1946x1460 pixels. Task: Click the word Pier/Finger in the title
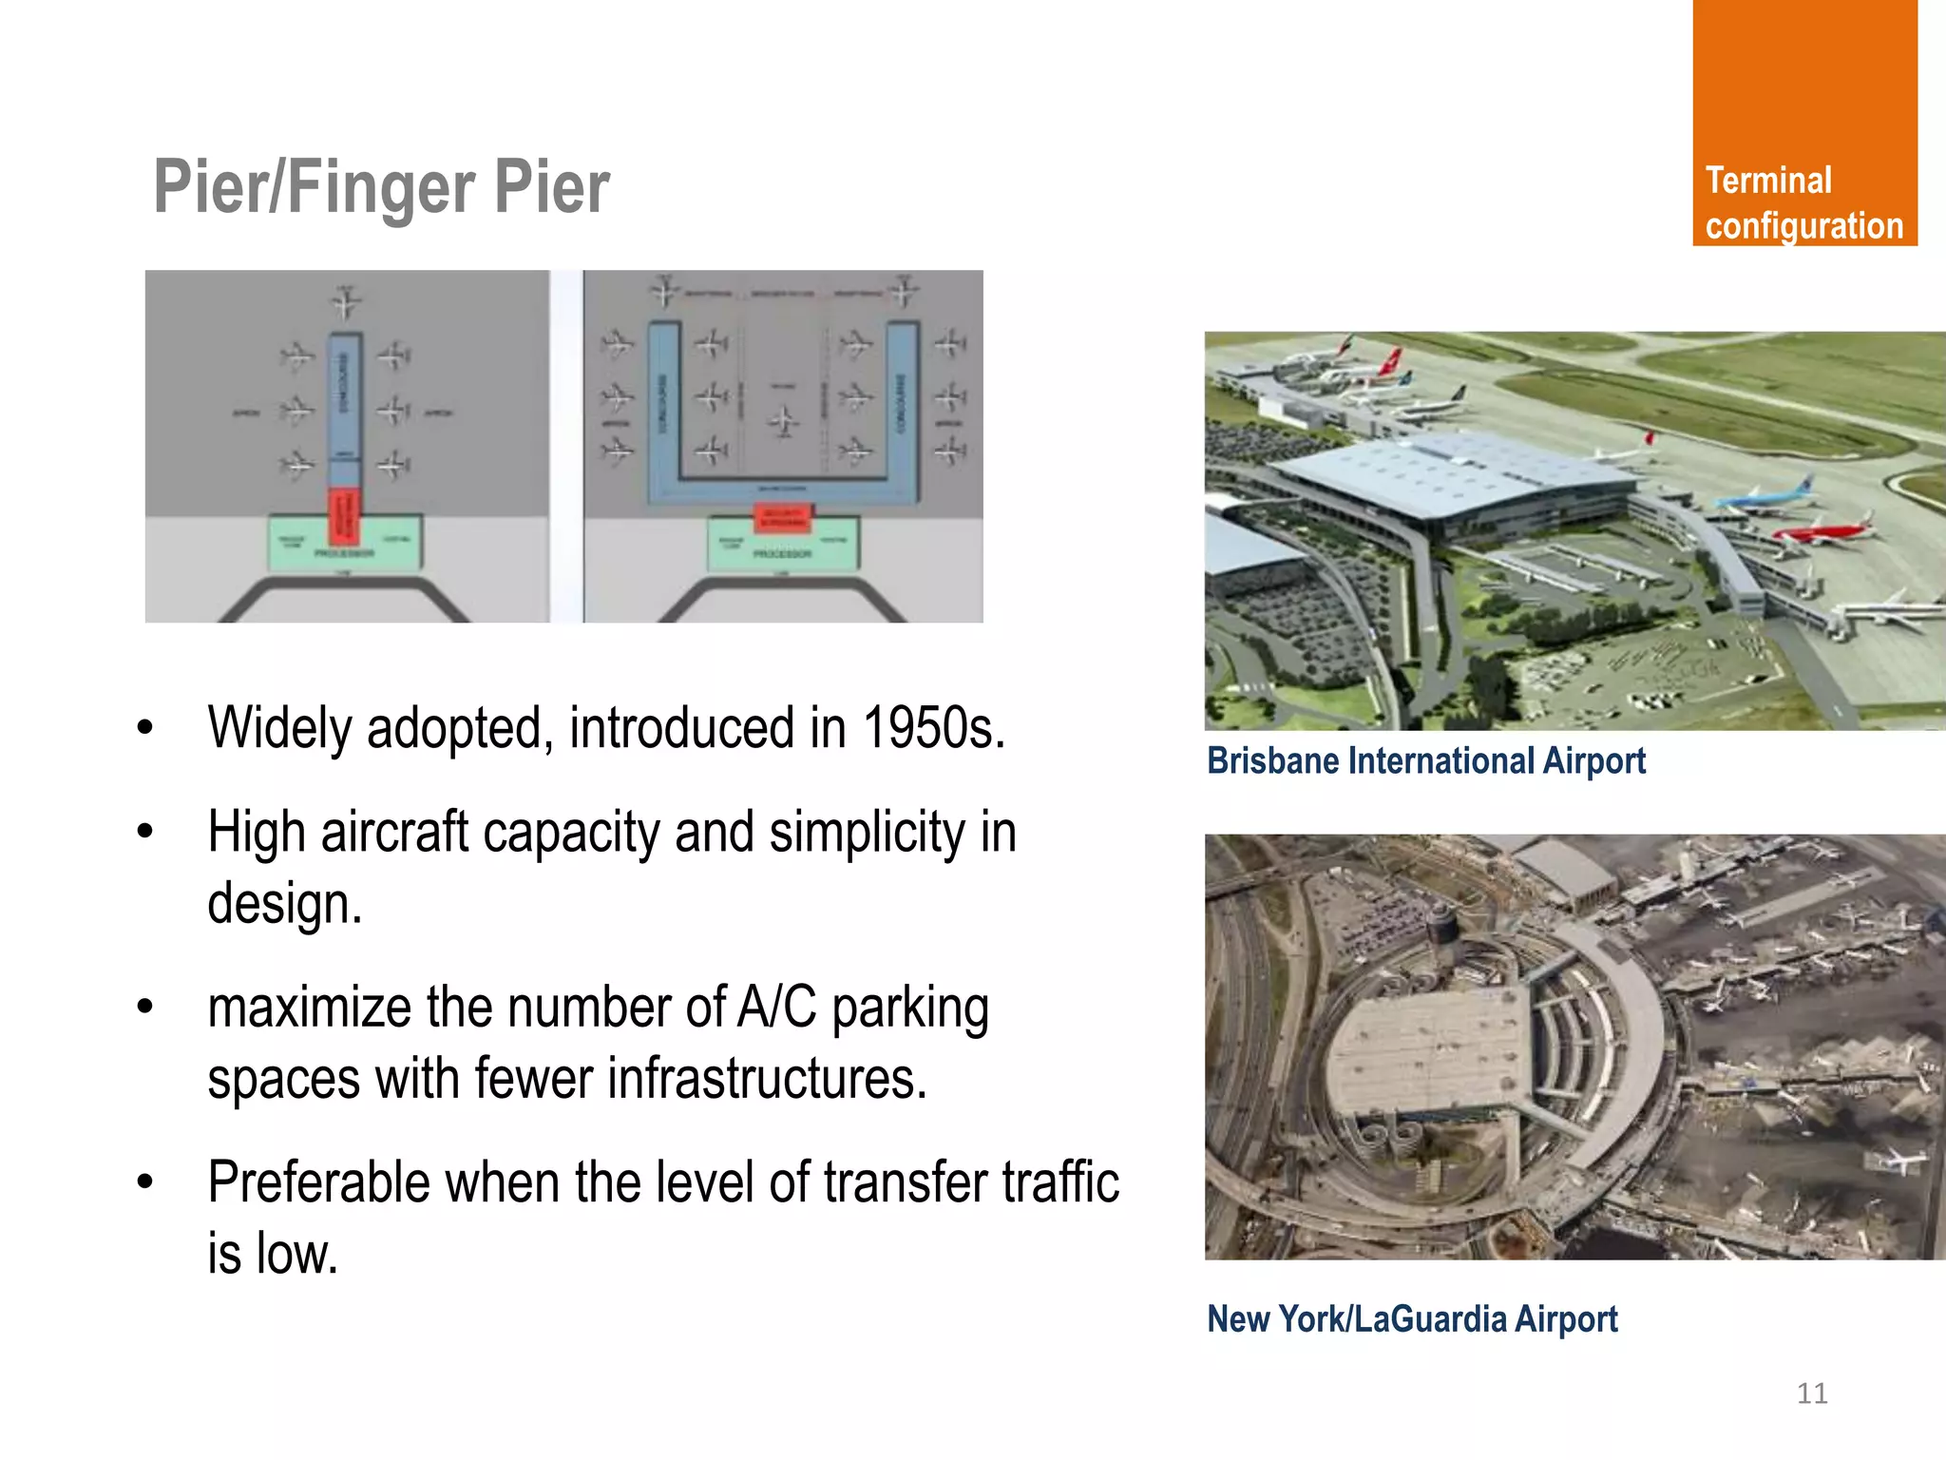coord(314,187)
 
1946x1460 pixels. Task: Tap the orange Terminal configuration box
coord(1803,124)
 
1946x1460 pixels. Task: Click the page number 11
coord(1812,1393)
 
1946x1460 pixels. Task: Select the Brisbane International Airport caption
coord(1425,761)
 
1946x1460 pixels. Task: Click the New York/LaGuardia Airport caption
coord(1411,1319)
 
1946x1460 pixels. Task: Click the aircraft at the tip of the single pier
coord(346,301)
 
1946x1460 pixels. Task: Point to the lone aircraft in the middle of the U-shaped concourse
coord(783,420)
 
